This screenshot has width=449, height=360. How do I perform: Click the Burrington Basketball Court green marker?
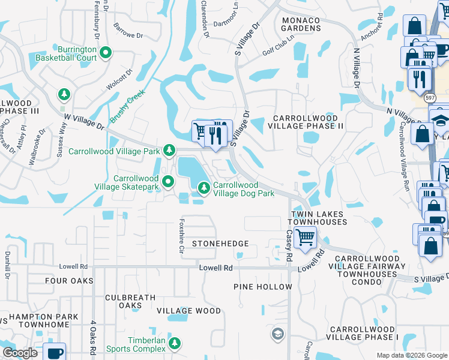[106, 53]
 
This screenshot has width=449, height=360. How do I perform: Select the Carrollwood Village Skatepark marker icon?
[169, 181]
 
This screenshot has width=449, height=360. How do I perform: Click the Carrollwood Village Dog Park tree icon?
[204, 188]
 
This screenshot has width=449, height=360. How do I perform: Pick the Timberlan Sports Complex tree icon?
[174, 343]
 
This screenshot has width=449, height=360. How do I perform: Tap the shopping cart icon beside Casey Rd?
[305, 236]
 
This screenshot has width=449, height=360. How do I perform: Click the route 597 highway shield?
[430, 97]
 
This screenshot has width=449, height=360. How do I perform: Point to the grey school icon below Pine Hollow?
[277, 333]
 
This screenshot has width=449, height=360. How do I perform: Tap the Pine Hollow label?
[262, 287]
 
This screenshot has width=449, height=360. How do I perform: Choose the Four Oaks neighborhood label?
[69, 280]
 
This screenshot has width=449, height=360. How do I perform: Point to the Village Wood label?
[188, 311]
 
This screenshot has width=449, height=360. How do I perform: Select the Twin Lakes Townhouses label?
[319, 218]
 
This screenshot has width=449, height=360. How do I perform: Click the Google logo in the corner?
[20, 353]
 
